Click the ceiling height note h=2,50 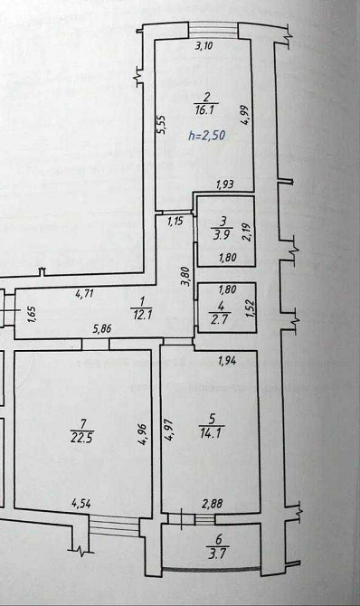[207, 136]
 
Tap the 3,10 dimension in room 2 [204, 46]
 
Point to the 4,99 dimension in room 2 [245, 115]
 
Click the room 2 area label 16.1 [207, 110]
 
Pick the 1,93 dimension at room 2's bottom [224, 185]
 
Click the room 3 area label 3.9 [222, 234]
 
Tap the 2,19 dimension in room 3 [246, 232]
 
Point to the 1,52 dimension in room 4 [250, 308]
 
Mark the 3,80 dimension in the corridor [186, 277]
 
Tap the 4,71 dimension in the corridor [84, 294]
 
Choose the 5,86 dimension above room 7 [102, 329]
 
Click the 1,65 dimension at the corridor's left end [33, 314]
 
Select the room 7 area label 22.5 [81, 438]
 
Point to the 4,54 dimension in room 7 [81, 504]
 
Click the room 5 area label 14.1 [211, 433]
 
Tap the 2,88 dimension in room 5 [213, 504]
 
